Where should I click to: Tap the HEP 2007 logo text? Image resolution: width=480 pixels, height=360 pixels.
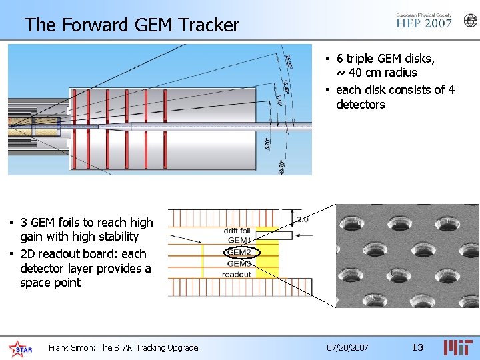424,23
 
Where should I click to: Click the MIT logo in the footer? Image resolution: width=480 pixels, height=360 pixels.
459,347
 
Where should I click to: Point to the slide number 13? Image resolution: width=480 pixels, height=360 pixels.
417,347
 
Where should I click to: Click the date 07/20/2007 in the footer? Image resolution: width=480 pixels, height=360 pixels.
347,347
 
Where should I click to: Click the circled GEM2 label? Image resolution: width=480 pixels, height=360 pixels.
239,252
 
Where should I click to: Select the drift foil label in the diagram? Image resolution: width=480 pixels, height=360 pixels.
237,231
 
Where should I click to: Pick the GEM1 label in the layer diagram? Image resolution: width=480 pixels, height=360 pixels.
239,240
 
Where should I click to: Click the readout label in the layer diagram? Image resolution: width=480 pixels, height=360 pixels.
237,274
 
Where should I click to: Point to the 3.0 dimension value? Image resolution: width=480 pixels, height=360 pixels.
302,219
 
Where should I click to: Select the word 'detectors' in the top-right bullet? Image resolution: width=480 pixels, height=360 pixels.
360,105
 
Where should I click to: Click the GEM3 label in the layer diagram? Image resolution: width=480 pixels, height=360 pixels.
239,263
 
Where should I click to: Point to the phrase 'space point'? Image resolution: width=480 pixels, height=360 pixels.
50,283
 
